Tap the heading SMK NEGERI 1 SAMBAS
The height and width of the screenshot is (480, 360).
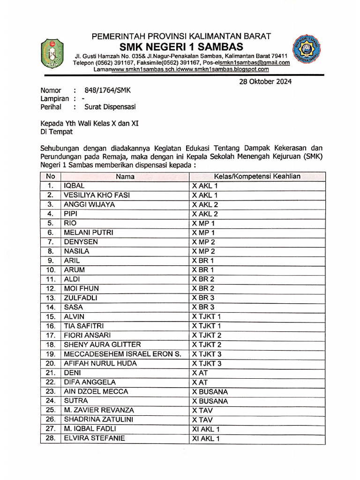[x=181, y=46]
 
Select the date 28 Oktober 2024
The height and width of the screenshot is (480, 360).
[x=265, y=82]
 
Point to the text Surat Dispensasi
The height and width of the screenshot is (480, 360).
[x=110, y=107]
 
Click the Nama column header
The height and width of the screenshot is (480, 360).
[x=125, y=177]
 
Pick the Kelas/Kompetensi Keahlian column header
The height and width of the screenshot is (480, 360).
[x=257, y=177]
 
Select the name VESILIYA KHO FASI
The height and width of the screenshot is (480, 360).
[x=97, y=195]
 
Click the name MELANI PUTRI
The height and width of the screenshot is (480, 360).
[x=88, y=232]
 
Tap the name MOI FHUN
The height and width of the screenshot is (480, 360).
[x=81, y=288]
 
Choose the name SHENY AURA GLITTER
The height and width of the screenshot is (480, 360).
[x=102, y=345]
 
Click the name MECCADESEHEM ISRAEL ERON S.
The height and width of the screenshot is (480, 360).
[x=122, y=354]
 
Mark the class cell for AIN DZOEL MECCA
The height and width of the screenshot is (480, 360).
[x=210, y=391]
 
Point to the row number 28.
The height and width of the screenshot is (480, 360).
[x=51, y=438]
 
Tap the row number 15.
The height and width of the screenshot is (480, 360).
[x=51, y=316]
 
